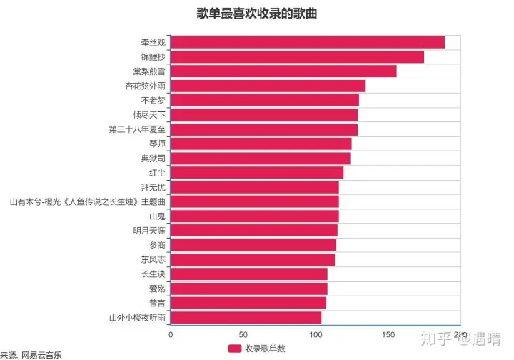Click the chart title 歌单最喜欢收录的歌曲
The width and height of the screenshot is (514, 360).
tap(257, 13)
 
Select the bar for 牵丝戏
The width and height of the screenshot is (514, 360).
tap(308, 42)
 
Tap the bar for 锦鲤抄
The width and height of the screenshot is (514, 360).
tap(298, 57)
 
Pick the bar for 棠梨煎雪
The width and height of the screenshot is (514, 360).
tap(283, 71)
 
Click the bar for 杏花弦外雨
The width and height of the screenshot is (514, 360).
tap(268, 86)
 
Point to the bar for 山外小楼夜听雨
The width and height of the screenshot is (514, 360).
tap(246, 318)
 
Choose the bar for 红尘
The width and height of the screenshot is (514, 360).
tap(257, 173)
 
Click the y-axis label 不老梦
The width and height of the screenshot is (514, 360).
tap(153, 100)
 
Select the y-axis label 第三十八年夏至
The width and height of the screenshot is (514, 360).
tap(137, 129)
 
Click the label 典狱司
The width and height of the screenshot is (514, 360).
tap(153, 158)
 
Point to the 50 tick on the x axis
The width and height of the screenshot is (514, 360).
tap(243, 334)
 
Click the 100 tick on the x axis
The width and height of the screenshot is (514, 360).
tap(316, 334)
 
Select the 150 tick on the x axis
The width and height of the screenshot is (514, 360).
tap(389, 334)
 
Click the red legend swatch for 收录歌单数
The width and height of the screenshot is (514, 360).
tap(235, 349)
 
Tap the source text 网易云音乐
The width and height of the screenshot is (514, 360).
tap(41, 354)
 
